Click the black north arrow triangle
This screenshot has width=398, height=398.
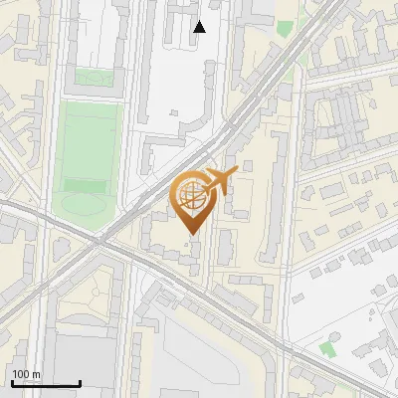[199, 27]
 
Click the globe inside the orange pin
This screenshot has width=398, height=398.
[189, 193]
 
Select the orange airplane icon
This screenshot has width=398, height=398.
[219, 181]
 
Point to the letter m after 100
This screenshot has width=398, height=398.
[38, 374]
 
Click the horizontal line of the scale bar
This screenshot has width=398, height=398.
[46, 383]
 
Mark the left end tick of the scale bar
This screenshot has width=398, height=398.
[12, 381]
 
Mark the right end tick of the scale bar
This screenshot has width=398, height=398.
[80, 381]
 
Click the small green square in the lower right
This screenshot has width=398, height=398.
[327, 349]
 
